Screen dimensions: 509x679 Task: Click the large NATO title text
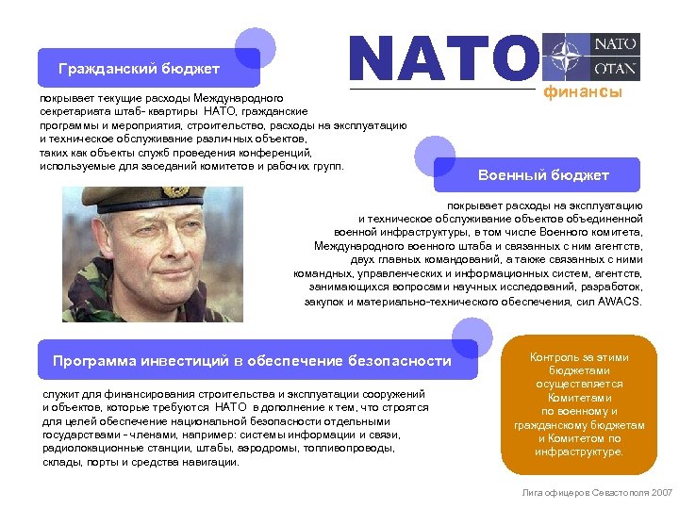coord(442,58)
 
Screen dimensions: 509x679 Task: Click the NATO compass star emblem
coord(566,57)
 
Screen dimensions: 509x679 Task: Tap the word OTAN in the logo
coord(616,68)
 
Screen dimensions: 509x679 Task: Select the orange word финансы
coord(581,92)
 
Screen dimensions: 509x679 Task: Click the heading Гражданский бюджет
coord(139,69)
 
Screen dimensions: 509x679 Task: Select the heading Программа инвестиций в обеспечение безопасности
coord(252,361)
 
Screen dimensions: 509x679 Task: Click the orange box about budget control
coord(579,404)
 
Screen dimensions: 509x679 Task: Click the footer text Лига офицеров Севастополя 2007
coord(597,493)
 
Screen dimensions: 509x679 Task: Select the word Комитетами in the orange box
coord(579,398)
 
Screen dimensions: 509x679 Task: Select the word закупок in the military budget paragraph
coord(324,302)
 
